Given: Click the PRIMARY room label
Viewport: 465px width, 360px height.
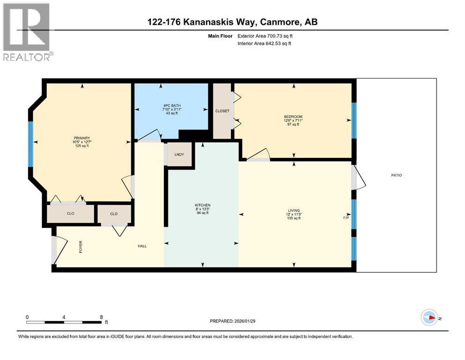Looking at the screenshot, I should [x=81, y=138].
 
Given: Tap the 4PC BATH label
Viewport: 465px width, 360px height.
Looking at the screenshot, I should [x=171, y=105].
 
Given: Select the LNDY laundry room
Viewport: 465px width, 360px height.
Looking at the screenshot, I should [x=179, y=155].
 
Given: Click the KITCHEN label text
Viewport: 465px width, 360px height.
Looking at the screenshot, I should [x=203, y=205].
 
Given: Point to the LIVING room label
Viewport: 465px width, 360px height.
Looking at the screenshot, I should [x=294, y=210].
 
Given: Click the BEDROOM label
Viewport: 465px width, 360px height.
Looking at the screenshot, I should [x=293, y=117].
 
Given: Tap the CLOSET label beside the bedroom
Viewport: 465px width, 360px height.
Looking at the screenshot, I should [x=222, y=111].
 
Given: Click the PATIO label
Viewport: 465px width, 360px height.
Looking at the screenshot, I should [x=397, y=175].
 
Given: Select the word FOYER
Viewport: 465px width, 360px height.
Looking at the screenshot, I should [x=81, y=246].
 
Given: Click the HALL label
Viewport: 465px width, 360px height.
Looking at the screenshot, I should [x=142, y=246].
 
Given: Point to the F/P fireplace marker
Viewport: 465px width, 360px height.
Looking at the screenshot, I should [x=346, y=218].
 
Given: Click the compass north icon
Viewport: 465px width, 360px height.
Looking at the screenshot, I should [x=428, y=318].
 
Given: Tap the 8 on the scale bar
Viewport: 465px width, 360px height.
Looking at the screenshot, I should [x=102, y=317].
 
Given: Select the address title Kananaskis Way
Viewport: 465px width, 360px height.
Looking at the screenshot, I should [x=232, y=22].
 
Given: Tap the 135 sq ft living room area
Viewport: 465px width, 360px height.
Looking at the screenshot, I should [x=294, y=218].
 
